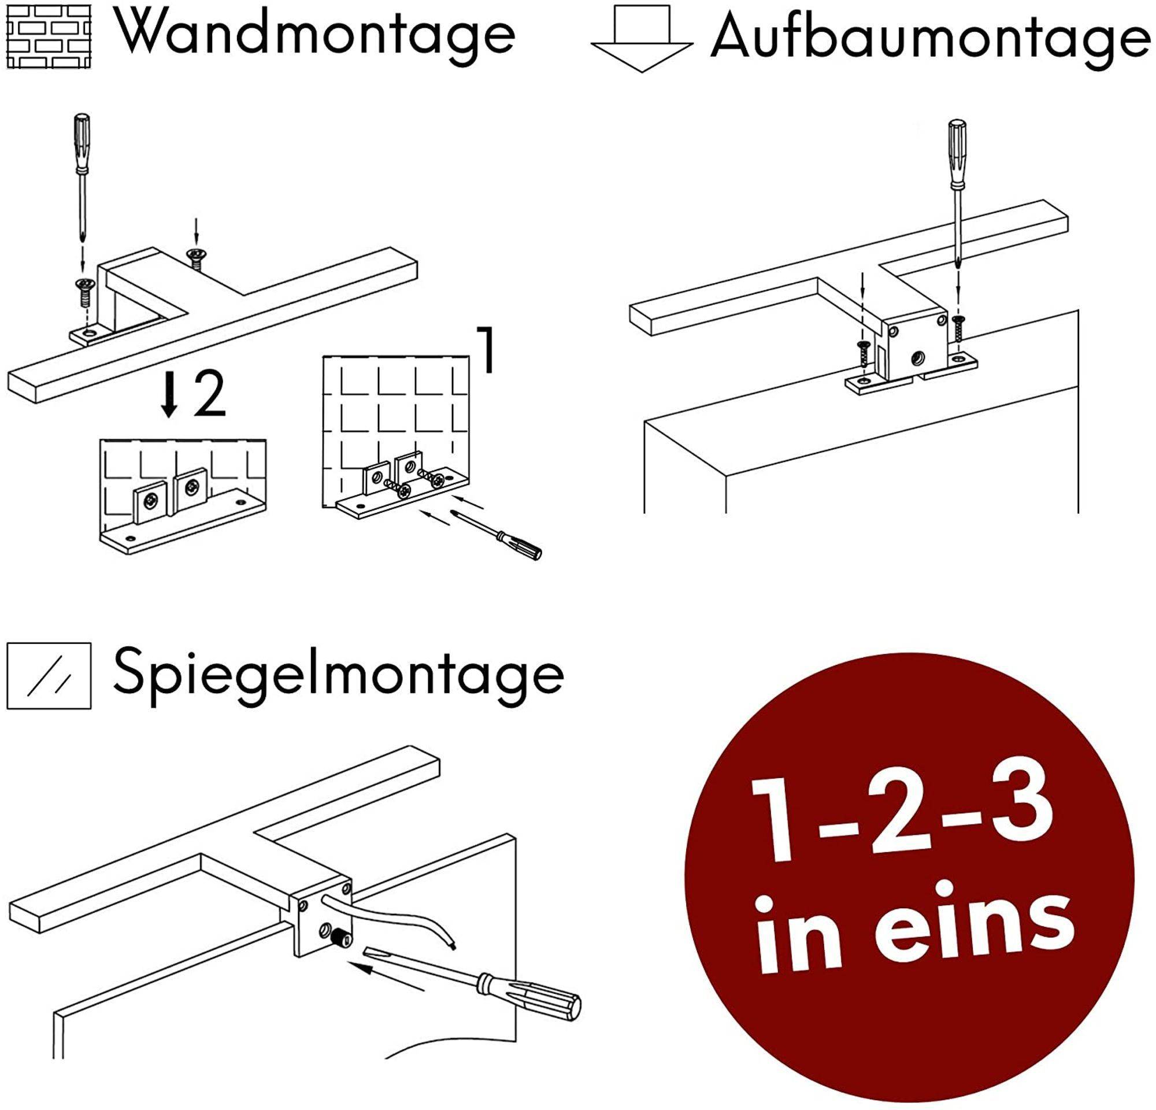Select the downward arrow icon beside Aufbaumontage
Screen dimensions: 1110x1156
[x=642, y=39]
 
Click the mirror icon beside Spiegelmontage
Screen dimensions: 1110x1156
[x=49, y=676]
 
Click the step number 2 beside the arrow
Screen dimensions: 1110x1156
[x=210, y=394]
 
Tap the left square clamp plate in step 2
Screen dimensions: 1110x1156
[x=152, y=501]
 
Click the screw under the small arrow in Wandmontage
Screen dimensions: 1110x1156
[x=195, y=258]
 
